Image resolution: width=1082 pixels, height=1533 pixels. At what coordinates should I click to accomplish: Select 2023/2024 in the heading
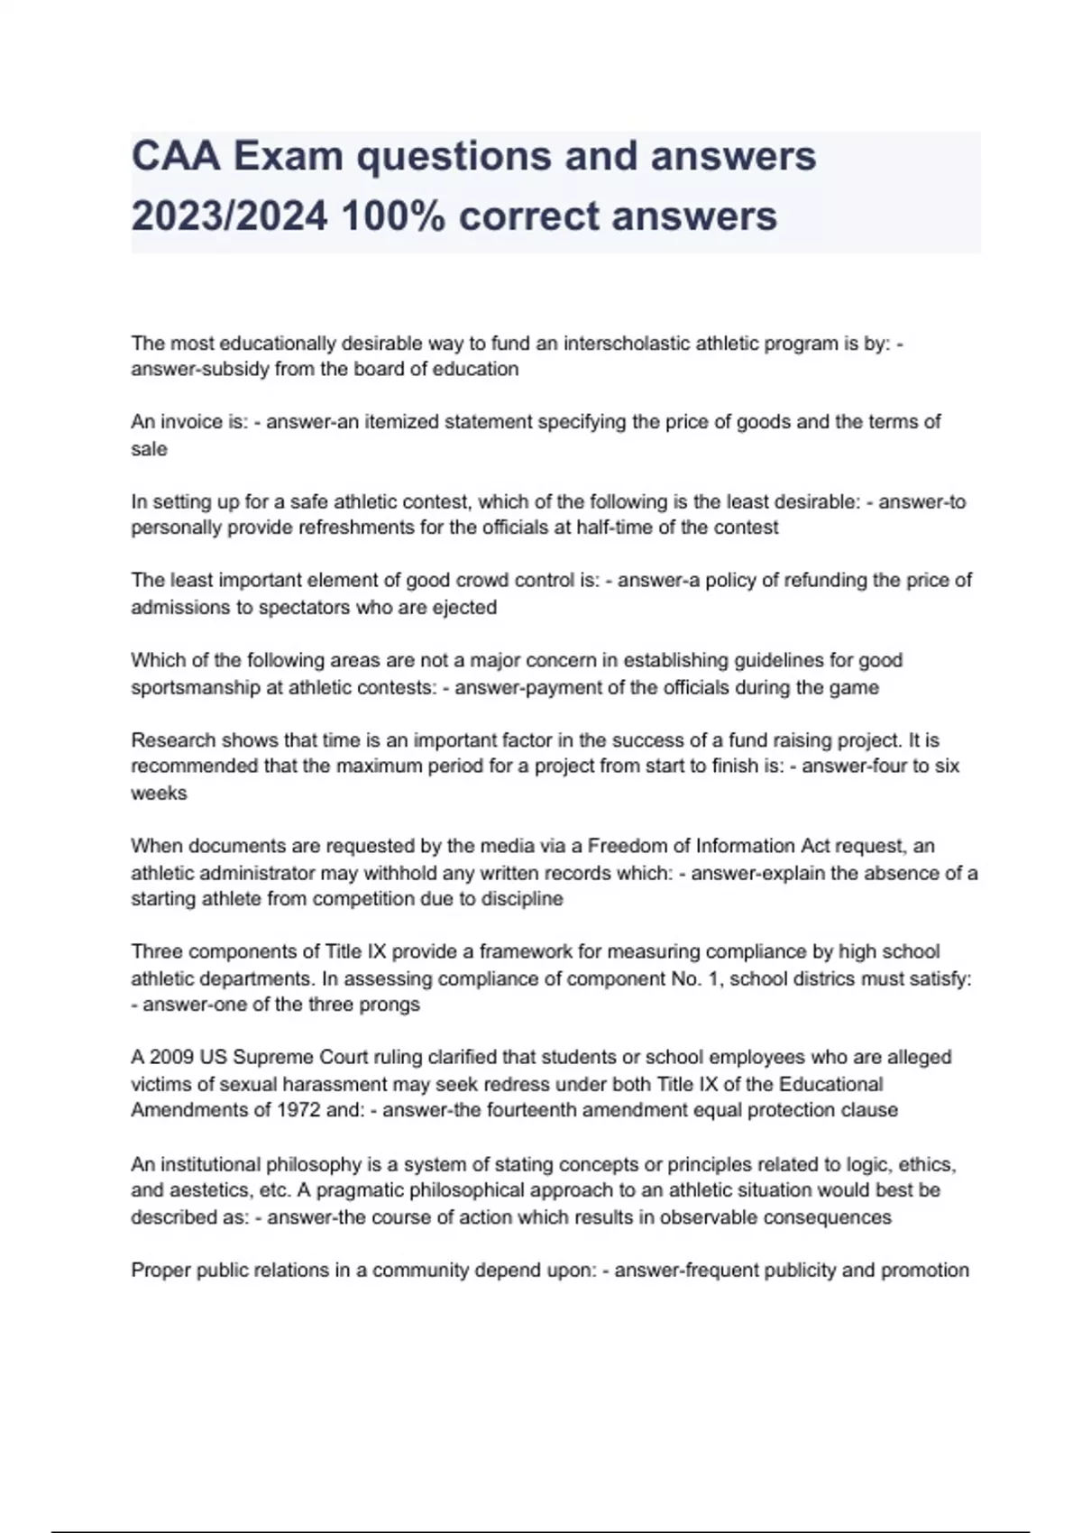coord(229,216)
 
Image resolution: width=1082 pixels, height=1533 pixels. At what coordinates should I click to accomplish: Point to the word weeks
coord(160,794)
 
